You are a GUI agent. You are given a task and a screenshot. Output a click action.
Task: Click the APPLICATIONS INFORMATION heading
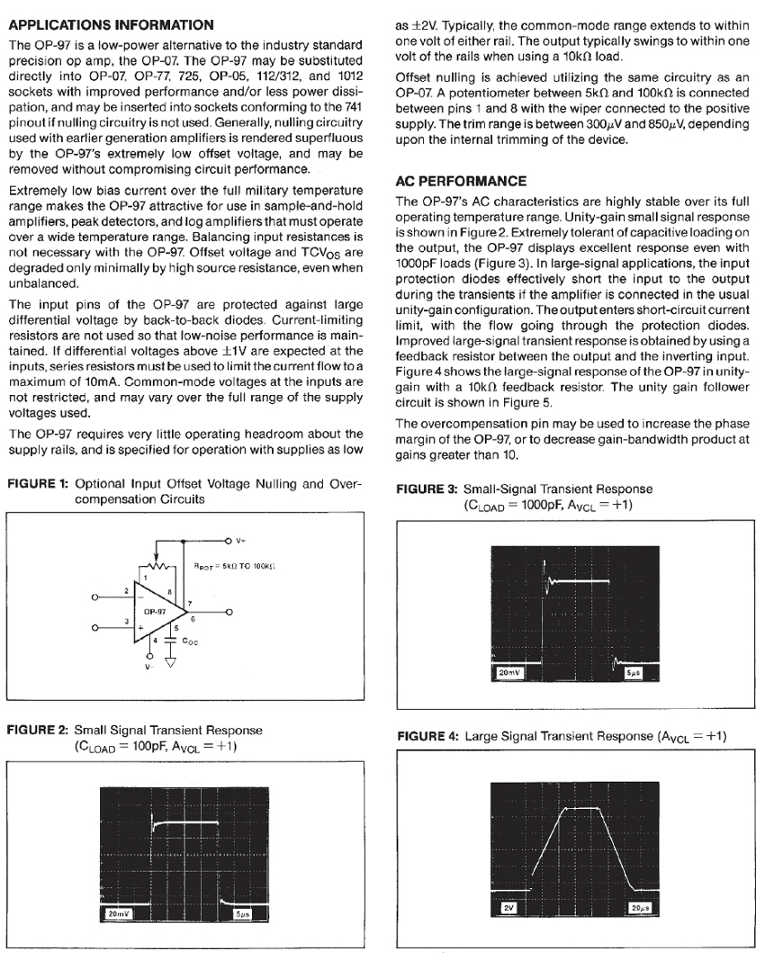pos(110,24)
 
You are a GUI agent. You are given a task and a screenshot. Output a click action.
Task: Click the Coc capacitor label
pos(190,641)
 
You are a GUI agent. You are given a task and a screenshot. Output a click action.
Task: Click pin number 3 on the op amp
pos(128,621)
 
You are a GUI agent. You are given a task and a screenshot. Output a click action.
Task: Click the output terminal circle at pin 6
pos(229,611)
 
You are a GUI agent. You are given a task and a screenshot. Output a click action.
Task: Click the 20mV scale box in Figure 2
pos(119,913)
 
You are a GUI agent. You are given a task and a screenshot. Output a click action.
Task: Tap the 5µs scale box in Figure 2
pos(243,913)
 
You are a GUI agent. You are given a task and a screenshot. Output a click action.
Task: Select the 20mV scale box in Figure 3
pos(509,673)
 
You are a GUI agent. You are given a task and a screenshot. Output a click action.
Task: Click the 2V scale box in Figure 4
pos(508,908)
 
